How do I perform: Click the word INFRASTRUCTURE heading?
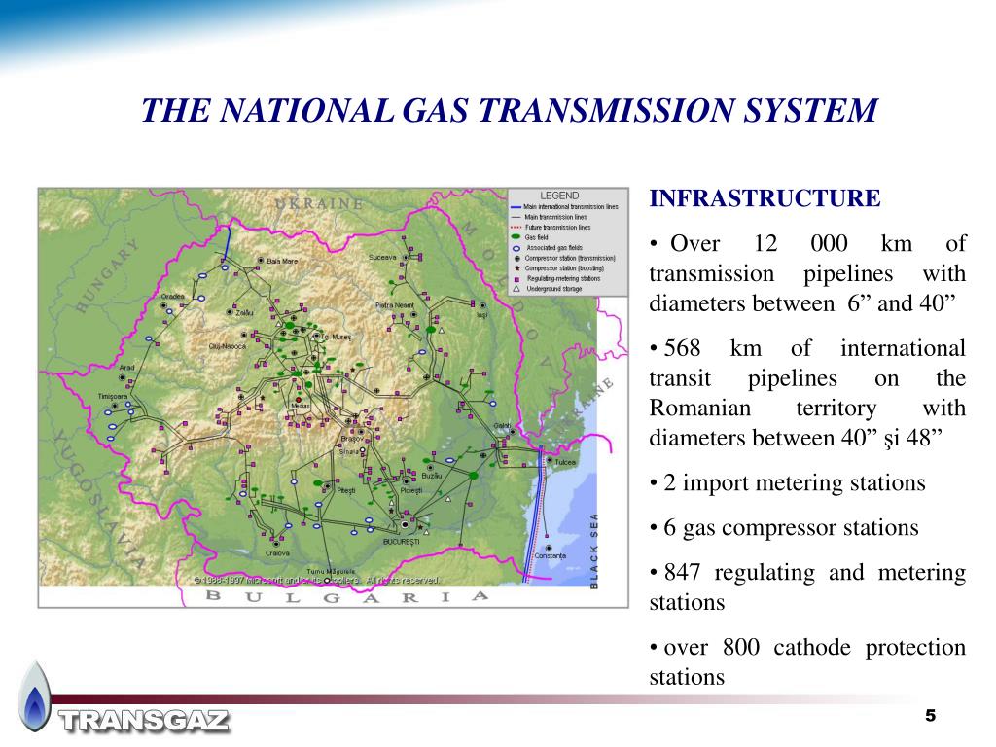pos(765,199)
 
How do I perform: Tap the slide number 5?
pos(930,716)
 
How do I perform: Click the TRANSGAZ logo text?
pos(145,721)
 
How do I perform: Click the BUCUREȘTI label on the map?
pos(401,540)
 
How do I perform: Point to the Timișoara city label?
pos(113,397)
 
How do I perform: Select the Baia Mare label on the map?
pos(281,260)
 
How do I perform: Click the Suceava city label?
pos(382,257)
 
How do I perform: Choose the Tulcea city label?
pos(565,462)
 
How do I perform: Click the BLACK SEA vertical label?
pos(594,551)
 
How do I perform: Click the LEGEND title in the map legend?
pos(559,196)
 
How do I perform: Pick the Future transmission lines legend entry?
pos(556,227)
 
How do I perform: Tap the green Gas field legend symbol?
pos(515,237)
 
